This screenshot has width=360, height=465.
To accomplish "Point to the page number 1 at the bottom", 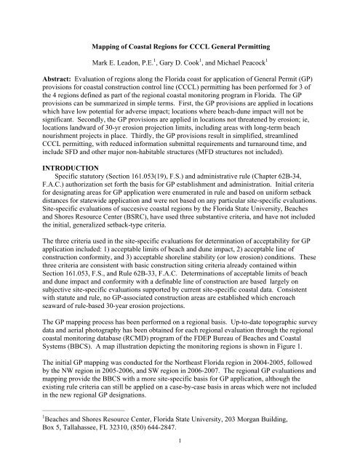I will (180, 459).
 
